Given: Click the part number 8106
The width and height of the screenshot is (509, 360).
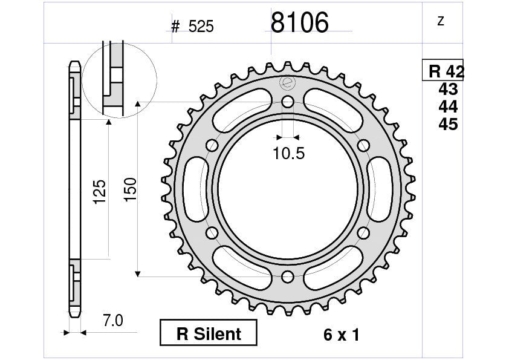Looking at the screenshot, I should [x=299, y=24].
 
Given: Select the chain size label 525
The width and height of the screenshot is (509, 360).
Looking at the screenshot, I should [x=201, y=27].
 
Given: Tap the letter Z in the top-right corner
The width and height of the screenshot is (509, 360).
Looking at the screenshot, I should [x=441, y=21].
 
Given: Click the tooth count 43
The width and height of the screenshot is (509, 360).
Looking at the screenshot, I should [x=448, y=90].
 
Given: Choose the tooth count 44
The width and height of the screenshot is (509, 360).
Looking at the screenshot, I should [x=448, y=107].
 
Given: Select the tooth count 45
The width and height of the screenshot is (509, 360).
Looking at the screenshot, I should [x=448, y=125].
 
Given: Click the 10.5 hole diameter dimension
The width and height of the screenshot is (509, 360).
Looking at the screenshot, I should [x=288, y=154].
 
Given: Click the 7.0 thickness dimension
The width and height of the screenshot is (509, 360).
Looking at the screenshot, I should [x=112, y=321].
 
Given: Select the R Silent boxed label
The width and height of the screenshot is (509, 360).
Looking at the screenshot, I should [x=209, y=333].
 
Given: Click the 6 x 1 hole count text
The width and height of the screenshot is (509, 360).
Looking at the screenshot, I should [x=341, y=335].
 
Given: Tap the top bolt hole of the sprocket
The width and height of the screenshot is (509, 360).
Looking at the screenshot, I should [x=288, y=101].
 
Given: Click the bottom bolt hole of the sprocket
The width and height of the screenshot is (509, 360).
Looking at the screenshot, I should [x=288, y=277].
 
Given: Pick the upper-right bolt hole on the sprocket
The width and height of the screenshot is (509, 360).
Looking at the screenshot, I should [x=363, y=145].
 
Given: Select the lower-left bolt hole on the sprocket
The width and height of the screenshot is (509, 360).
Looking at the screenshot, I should [x=212, y=233].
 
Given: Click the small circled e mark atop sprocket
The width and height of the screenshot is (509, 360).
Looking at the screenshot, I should [x=287, y=83].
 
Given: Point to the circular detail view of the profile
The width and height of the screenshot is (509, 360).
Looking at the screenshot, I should [x=119, y=79].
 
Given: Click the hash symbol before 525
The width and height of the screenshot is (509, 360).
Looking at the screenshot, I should [x=176, y=27].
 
